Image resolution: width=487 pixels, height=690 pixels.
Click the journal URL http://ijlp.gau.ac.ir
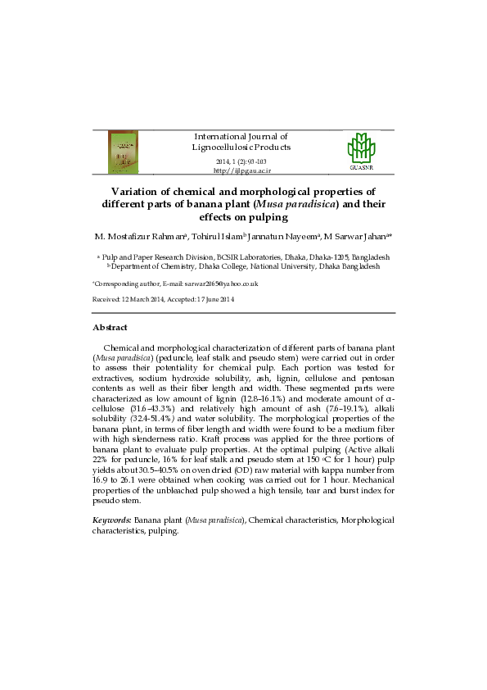[241, 170]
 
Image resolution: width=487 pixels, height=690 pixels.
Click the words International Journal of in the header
[241, 136]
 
